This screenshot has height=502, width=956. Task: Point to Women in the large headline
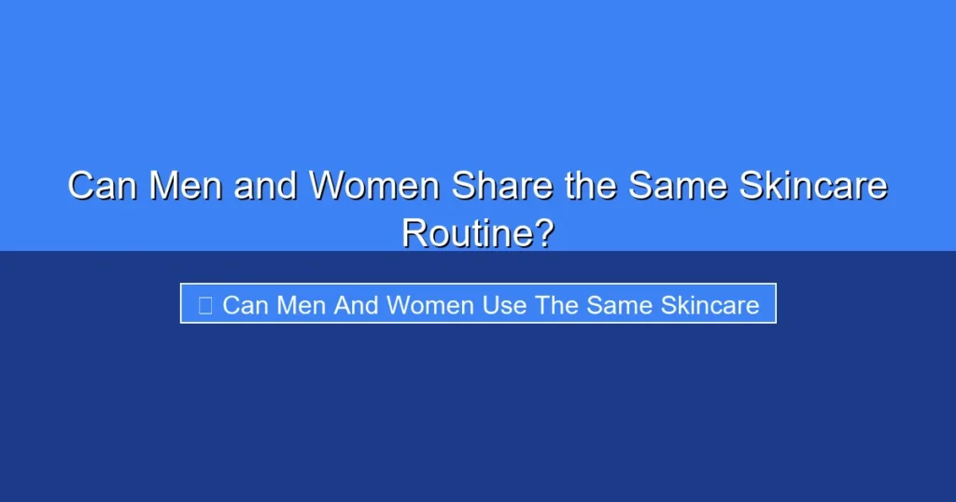[374, 186]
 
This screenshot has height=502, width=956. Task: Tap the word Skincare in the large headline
[812, 186]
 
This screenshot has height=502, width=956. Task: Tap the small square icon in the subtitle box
[205, 304]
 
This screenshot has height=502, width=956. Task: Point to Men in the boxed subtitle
[299, 304]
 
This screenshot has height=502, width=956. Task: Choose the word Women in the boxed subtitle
[430, 304]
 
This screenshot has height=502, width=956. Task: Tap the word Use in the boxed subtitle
[505, 304]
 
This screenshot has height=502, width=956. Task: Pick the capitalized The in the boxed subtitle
[558, 304]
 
